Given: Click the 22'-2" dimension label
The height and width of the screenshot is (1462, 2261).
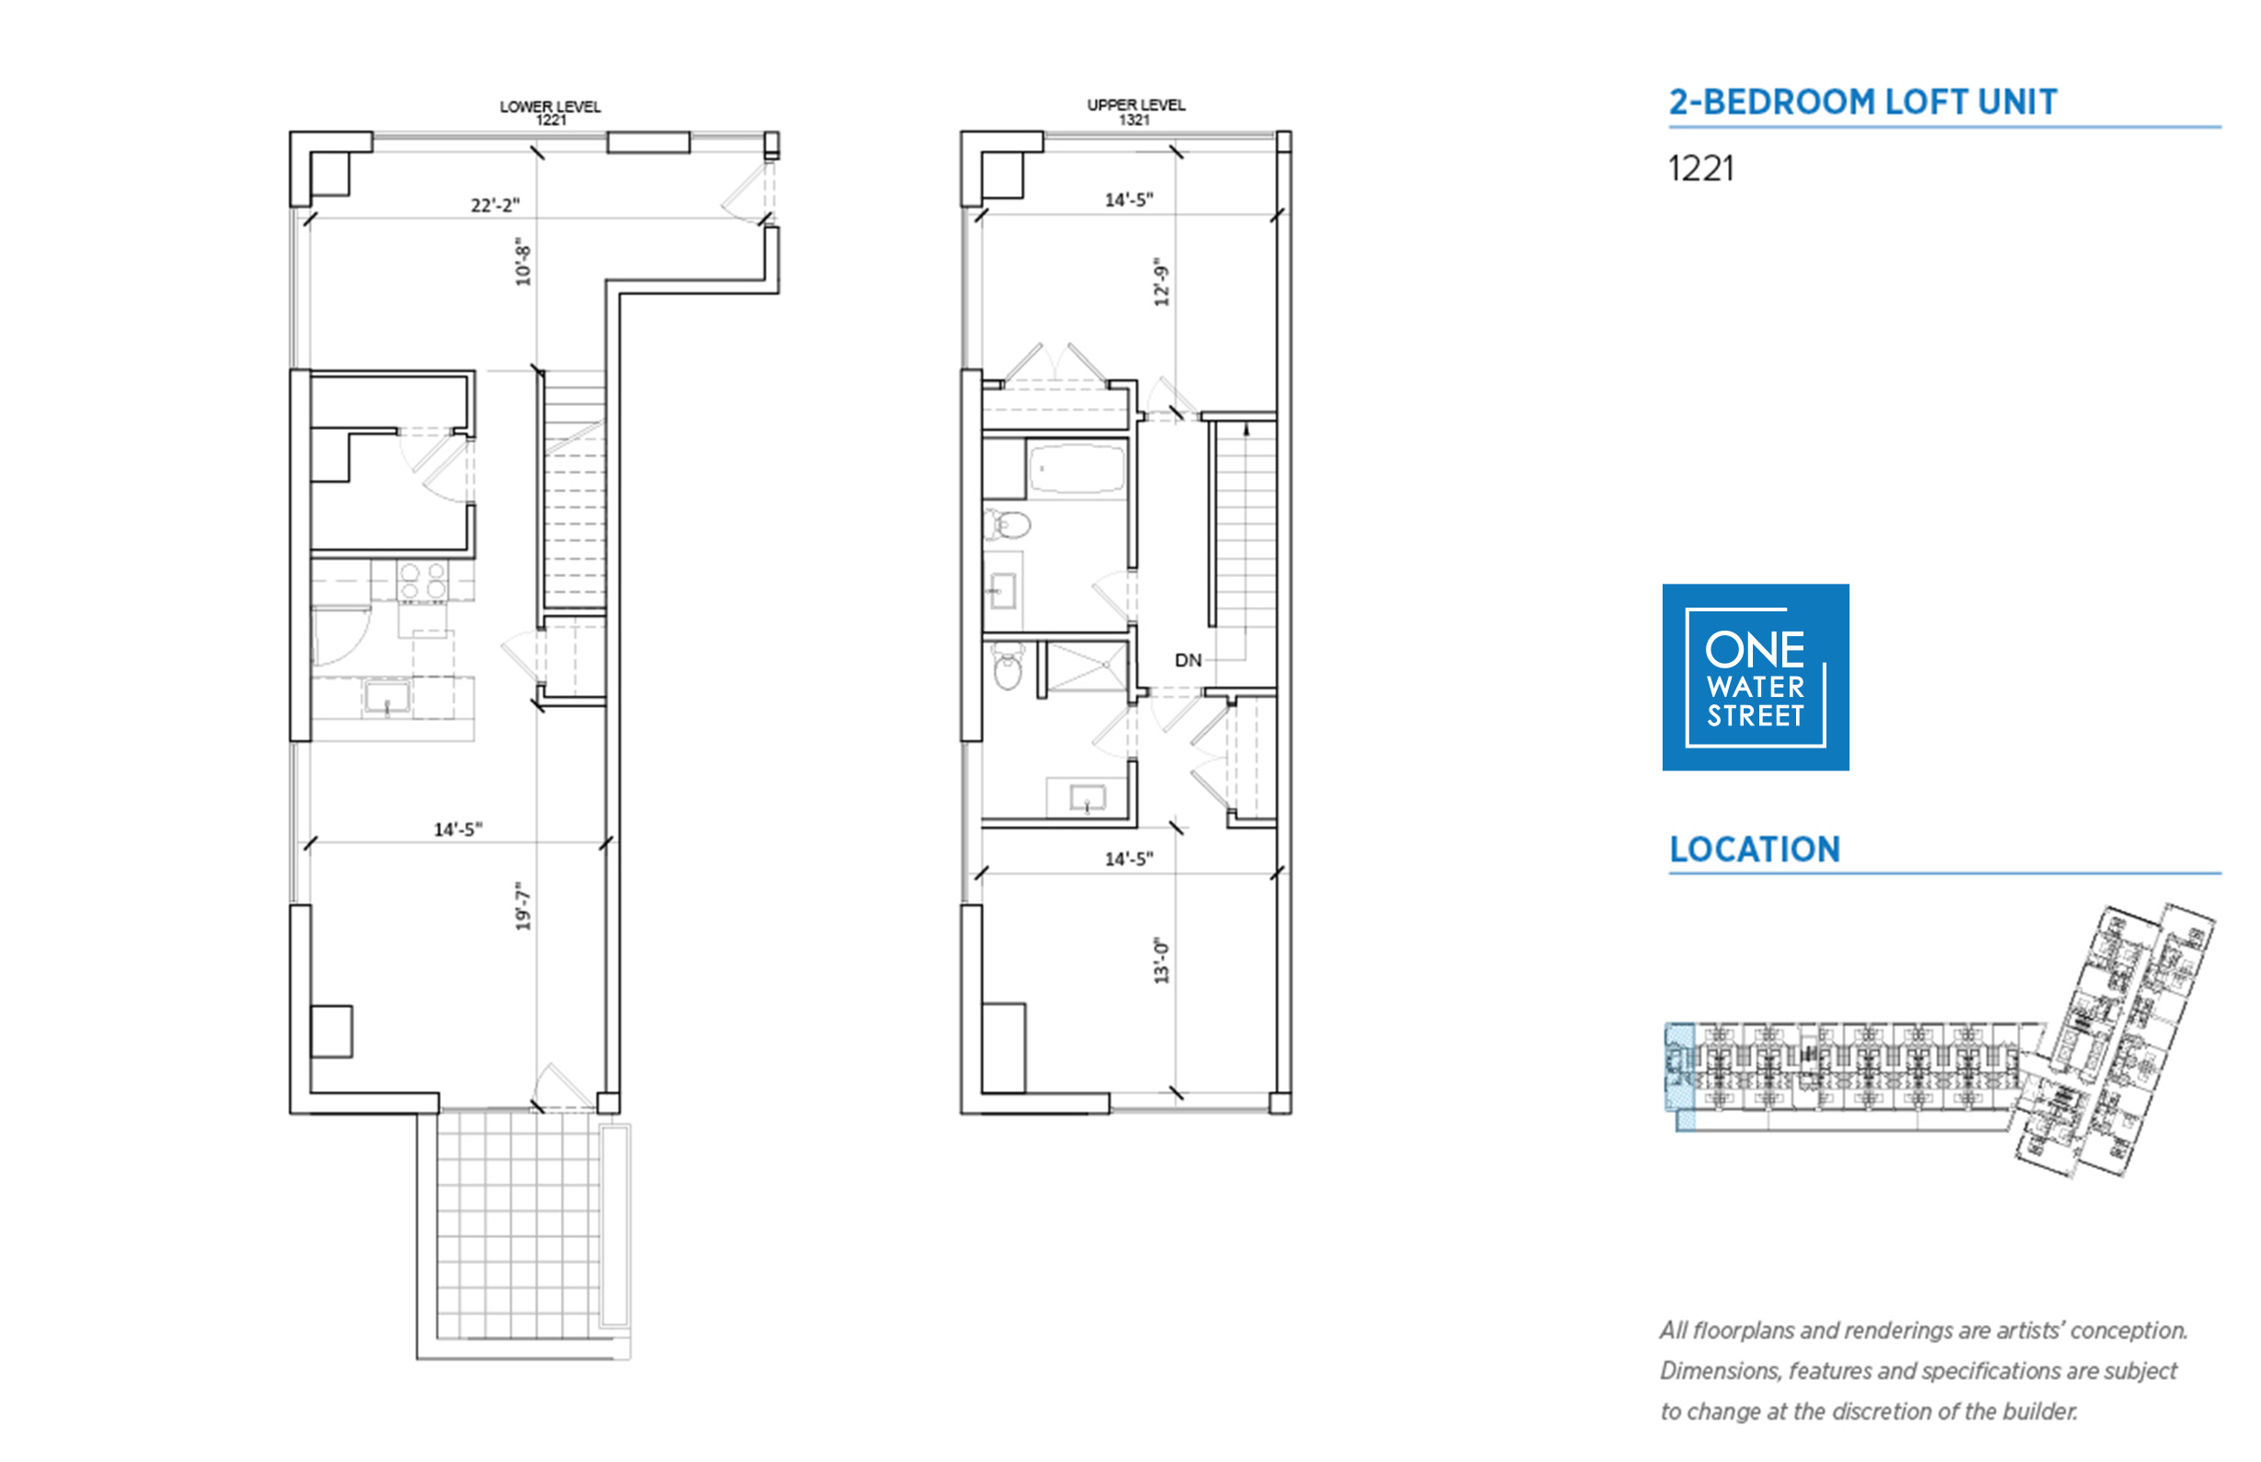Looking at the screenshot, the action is pyautogui.click(x=494, y=205).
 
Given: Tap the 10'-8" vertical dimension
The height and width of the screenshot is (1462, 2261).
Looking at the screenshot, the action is pyautogui.click(x=523, y=262).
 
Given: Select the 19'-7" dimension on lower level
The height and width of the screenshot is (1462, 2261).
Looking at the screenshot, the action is pyautogui.click(x=523, y=906).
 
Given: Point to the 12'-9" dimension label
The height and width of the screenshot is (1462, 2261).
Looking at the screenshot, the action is pyautogui.click(x=1162, y=282).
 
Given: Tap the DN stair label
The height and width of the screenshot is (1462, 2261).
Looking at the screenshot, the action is pyautogui.click(x=1188, y=660).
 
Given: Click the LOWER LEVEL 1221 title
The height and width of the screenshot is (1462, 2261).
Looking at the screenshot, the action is pyautogui.click(x=551, y=113).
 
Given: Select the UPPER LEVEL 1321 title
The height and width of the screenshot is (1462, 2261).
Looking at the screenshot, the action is pyautogui.click(x=1136, y=112).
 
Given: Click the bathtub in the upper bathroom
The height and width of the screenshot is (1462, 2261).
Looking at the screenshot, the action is pyautogui.click(x=1077, y=468).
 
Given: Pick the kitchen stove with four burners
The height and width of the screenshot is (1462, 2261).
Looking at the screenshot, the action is pyautogui.click(x=423, y=581).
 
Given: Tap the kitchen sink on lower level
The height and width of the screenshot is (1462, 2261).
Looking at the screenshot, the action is pyautogui.click(x=387, y=697).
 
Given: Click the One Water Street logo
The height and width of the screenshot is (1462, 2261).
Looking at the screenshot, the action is pyautogui.click(x=1755, y=677).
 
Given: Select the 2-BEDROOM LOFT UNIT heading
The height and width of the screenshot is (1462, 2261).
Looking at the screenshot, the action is pyautogui.click(x=1862, y=101).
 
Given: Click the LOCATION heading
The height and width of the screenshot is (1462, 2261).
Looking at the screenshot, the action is pyautogui.click(x=1755, y=849).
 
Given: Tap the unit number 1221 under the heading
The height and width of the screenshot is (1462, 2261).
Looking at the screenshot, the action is pyautogui.click(x=1700, y=169).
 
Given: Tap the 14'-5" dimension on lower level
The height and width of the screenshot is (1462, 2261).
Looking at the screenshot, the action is pyautogui.click(x=458, y=830).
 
